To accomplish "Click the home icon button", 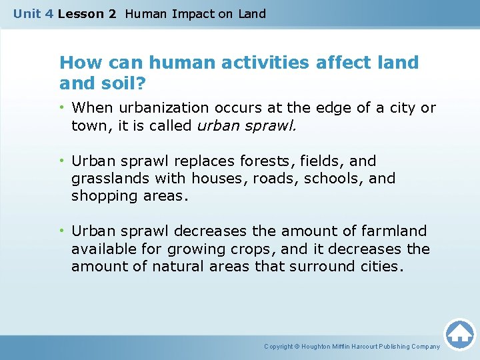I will point(459,334).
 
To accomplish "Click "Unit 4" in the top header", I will point(33,13).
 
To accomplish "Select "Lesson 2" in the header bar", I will point(87,13).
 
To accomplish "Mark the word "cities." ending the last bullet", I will point(383,266).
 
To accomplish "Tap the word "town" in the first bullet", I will point(90,125).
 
